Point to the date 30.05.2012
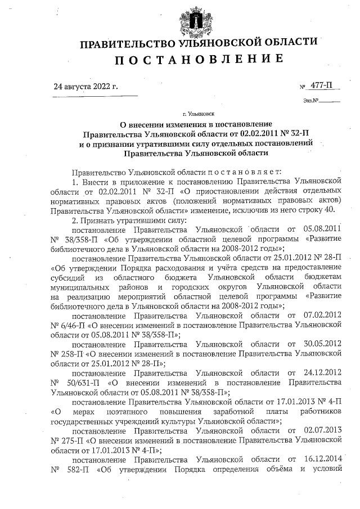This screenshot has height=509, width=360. (x=322, y=344)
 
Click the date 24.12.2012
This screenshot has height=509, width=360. (x=322, y=372)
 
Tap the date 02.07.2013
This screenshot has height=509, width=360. (x=322, y=430)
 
